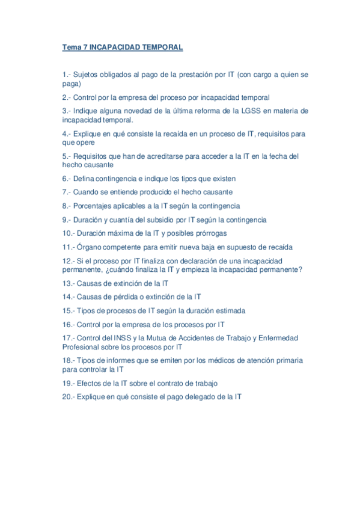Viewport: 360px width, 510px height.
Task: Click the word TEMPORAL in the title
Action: tap(162, 47)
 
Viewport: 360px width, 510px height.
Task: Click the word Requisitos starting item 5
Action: tap(92, 156)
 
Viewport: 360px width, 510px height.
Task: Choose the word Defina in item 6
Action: tap(84, 179)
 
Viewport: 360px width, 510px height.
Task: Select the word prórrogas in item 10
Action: tap(211, 233)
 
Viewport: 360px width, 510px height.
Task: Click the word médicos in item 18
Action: tap(219, 360)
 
